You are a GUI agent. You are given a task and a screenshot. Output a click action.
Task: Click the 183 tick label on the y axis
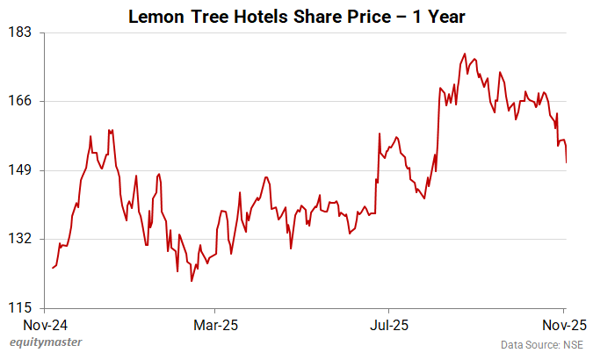click(21, 32)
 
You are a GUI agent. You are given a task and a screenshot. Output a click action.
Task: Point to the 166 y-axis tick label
click(21, 101)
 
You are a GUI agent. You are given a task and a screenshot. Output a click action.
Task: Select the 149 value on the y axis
click(21, 169)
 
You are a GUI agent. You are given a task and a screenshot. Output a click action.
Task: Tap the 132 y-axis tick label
click(21, 239)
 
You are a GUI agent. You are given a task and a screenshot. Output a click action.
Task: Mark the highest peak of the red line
click(464, 54)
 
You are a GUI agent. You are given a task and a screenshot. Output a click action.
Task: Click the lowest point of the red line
click(192, 281)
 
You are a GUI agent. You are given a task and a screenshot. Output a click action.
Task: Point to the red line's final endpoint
click(567, 162)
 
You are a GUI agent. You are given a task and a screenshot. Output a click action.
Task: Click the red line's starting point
click(53, 268)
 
